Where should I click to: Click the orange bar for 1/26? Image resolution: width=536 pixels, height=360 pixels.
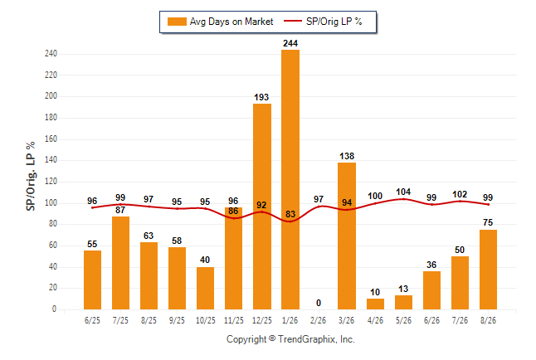[290, 179]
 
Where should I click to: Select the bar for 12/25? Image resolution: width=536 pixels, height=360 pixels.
[262, 207]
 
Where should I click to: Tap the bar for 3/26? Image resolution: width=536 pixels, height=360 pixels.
[347, 236]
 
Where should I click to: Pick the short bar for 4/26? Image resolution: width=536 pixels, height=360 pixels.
[375, 304]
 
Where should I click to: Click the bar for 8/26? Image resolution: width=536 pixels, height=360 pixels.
[488, 270]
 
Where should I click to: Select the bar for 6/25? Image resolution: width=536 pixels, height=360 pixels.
[92, 280]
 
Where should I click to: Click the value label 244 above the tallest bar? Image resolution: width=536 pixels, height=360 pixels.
[290, 43]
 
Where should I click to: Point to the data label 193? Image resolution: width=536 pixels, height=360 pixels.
[261, 97]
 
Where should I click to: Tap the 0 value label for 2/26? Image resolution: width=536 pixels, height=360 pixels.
[319, 303]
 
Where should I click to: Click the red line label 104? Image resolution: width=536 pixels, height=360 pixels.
[403, 192]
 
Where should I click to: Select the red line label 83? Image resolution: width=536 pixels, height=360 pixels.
[290, 214]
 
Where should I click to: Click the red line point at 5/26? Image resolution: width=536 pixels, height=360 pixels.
[403, 199]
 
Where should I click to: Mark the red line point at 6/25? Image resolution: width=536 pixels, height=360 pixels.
[92, 207]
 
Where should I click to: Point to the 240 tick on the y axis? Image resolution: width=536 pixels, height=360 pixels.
[51, 54]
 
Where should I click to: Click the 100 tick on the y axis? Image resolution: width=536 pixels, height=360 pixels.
[51, 203]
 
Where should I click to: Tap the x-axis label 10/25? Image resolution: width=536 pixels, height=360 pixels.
[206, 320]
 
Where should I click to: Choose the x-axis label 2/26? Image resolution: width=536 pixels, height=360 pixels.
[319, 320]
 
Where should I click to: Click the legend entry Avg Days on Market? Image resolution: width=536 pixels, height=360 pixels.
[221, 22]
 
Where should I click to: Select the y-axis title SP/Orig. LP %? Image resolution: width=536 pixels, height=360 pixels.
[31, 176]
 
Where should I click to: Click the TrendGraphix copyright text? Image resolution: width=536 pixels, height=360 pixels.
[290, 339]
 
